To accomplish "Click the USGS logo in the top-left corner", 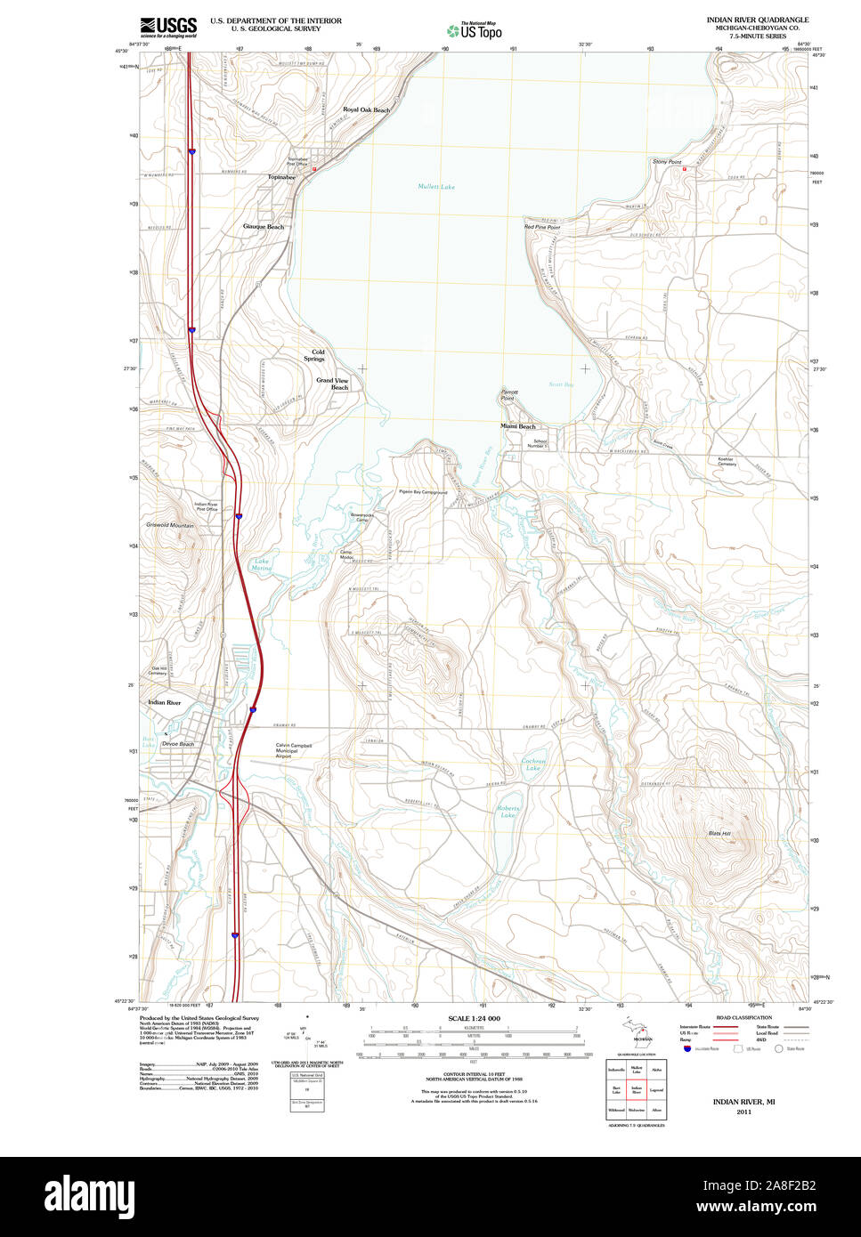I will [168, 26].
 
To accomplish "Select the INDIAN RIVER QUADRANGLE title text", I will [757, 19].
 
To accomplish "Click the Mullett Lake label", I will [436, 187].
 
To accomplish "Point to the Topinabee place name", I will [281, 177].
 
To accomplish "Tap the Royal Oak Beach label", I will [366, 109].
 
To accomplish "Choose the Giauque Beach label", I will [264, 226].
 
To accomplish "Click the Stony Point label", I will [667, 162].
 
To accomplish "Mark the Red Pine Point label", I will [542, 228].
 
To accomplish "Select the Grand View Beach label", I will [333, 384].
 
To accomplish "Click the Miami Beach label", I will [517, 426].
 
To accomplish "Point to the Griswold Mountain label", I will [169, 526].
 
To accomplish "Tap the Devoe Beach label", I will [179, 744].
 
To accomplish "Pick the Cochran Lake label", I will [533, 764].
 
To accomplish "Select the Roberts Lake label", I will [508, 812].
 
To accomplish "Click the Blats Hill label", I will [719, 833].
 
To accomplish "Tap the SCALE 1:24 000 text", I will [474, 1018].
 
